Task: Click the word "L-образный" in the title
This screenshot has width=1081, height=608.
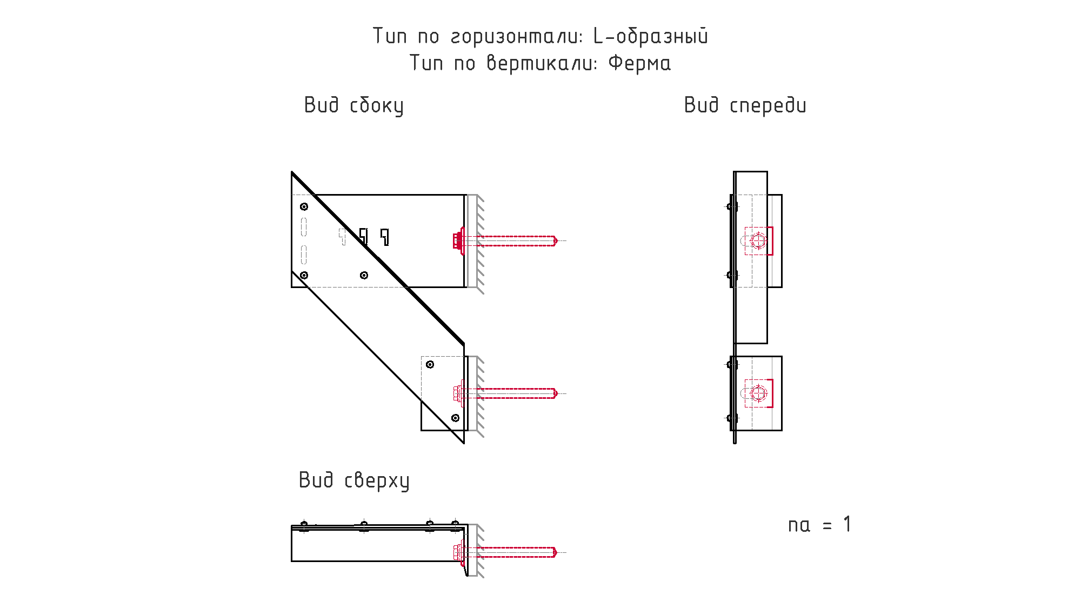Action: point(650,36)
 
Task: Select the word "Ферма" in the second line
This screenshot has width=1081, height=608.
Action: point(639,63)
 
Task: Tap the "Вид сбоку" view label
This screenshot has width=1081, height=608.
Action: point(353,105)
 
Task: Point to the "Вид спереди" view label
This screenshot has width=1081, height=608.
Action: point(745,105)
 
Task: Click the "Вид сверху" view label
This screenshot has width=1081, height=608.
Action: point(354,480)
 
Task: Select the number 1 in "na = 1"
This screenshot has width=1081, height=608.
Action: point(847,524)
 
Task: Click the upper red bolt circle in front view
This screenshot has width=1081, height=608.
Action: point(758,240)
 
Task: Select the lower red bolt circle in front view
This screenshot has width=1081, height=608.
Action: point(758,393)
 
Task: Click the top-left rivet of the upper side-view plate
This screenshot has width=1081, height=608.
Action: point(304,206)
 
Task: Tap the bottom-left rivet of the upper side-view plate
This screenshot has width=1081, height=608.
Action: point(304,275)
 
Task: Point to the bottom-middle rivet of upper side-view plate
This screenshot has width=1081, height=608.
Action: point(364,275)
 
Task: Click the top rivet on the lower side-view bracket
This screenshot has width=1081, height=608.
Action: point(430,364)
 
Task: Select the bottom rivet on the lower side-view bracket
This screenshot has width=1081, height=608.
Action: point(455,418)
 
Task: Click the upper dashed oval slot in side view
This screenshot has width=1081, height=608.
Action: point(304,227)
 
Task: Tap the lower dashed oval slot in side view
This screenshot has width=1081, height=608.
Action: point(304,254)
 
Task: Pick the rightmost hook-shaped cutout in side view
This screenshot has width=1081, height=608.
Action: point(385,236)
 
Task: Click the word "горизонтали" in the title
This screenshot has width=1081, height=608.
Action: point(516,37)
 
